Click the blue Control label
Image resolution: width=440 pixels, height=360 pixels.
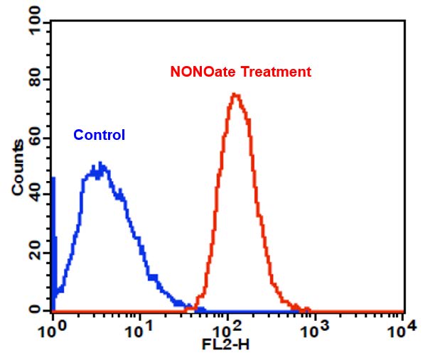pos(99,135)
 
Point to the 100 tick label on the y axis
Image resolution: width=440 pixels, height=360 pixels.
pos(31,23)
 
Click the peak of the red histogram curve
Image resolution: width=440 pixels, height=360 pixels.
pos(235,94)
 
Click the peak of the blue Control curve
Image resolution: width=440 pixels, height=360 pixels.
pos(101,165)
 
